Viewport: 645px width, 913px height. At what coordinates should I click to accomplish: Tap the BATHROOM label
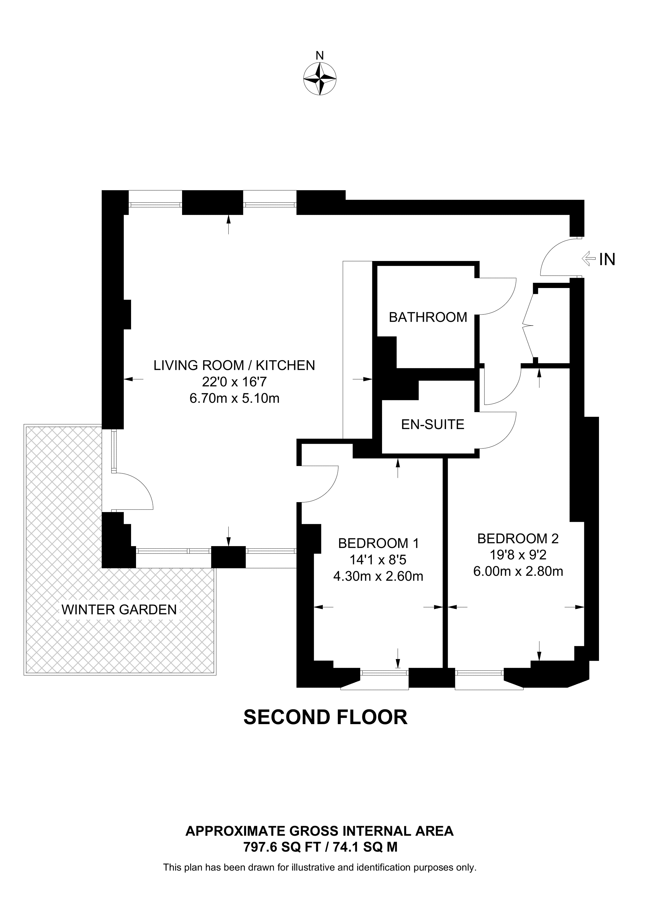click(428, 317)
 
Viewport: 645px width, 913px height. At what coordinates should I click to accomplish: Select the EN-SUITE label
click(432, 425)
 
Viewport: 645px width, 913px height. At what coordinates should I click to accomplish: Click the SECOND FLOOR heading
click(325, 717)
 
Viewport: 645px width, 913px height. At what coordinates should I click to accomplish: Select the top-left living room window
click(155, 204)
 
